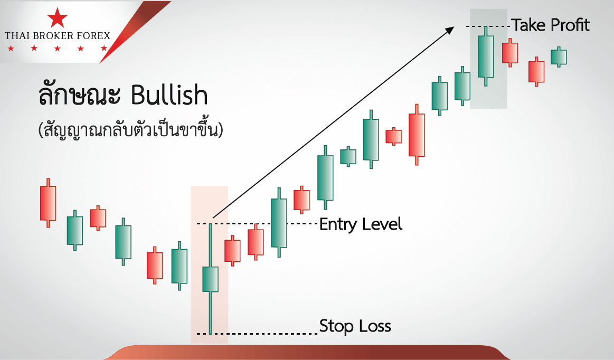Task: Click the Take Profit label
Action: coord(550,25)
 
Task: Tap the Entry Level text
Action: coord(361,224)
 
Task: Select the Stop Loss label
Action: coord(355,326)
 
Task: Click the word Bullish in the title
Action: coord(169,95)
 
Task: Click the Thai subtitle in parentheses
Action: coord(130,130)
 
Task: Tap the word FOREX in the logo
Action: coord(93,36)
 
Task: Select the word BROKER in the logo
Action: coord(55,36)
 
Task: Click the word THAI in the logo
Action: coord(17,36)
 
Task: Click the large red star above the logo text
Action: coord(57,18)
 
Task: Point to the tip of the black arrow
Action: coord(454,26)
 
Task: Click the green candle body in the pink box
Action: coord(210,279)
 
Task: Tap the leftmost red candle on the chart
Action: coord(48,203)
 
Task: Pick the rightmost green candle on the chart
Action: coord(559,57)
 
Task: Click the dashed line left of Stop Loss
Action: coord(257,334)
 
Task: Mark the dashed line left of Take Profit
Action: coord(488,26)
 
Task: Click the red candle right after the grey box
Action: coord(510,53)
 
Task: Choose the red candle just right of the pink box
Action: coord(232,251)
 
